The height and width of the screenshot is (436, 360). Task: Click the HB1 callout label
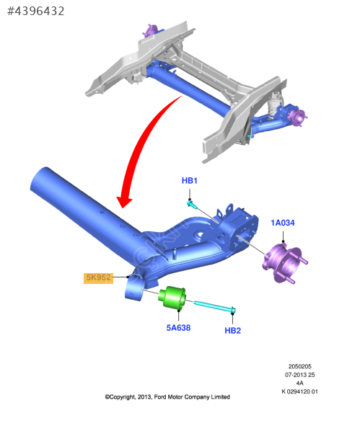tap(189, 181)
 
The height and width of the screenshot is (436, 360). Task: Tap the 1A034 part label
tap(283, 223)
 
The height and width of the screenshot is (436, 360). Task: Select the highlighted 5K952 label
tap(98, 277)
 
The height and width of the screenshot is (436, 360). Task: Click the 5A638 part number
tap(178, 328)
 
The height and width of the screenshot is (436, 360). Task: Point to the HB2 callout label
tap(232, 331)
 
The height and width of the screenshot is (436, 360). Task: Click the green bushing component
tap(172, 297)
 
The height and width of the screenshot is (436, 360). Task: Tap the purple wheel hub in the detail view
tap(284, 262)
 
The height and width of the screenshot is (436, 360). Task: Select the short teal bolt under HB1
tap(192, 205)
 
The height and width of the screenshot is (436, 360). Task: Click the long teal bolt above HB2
tap(215, 307)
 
